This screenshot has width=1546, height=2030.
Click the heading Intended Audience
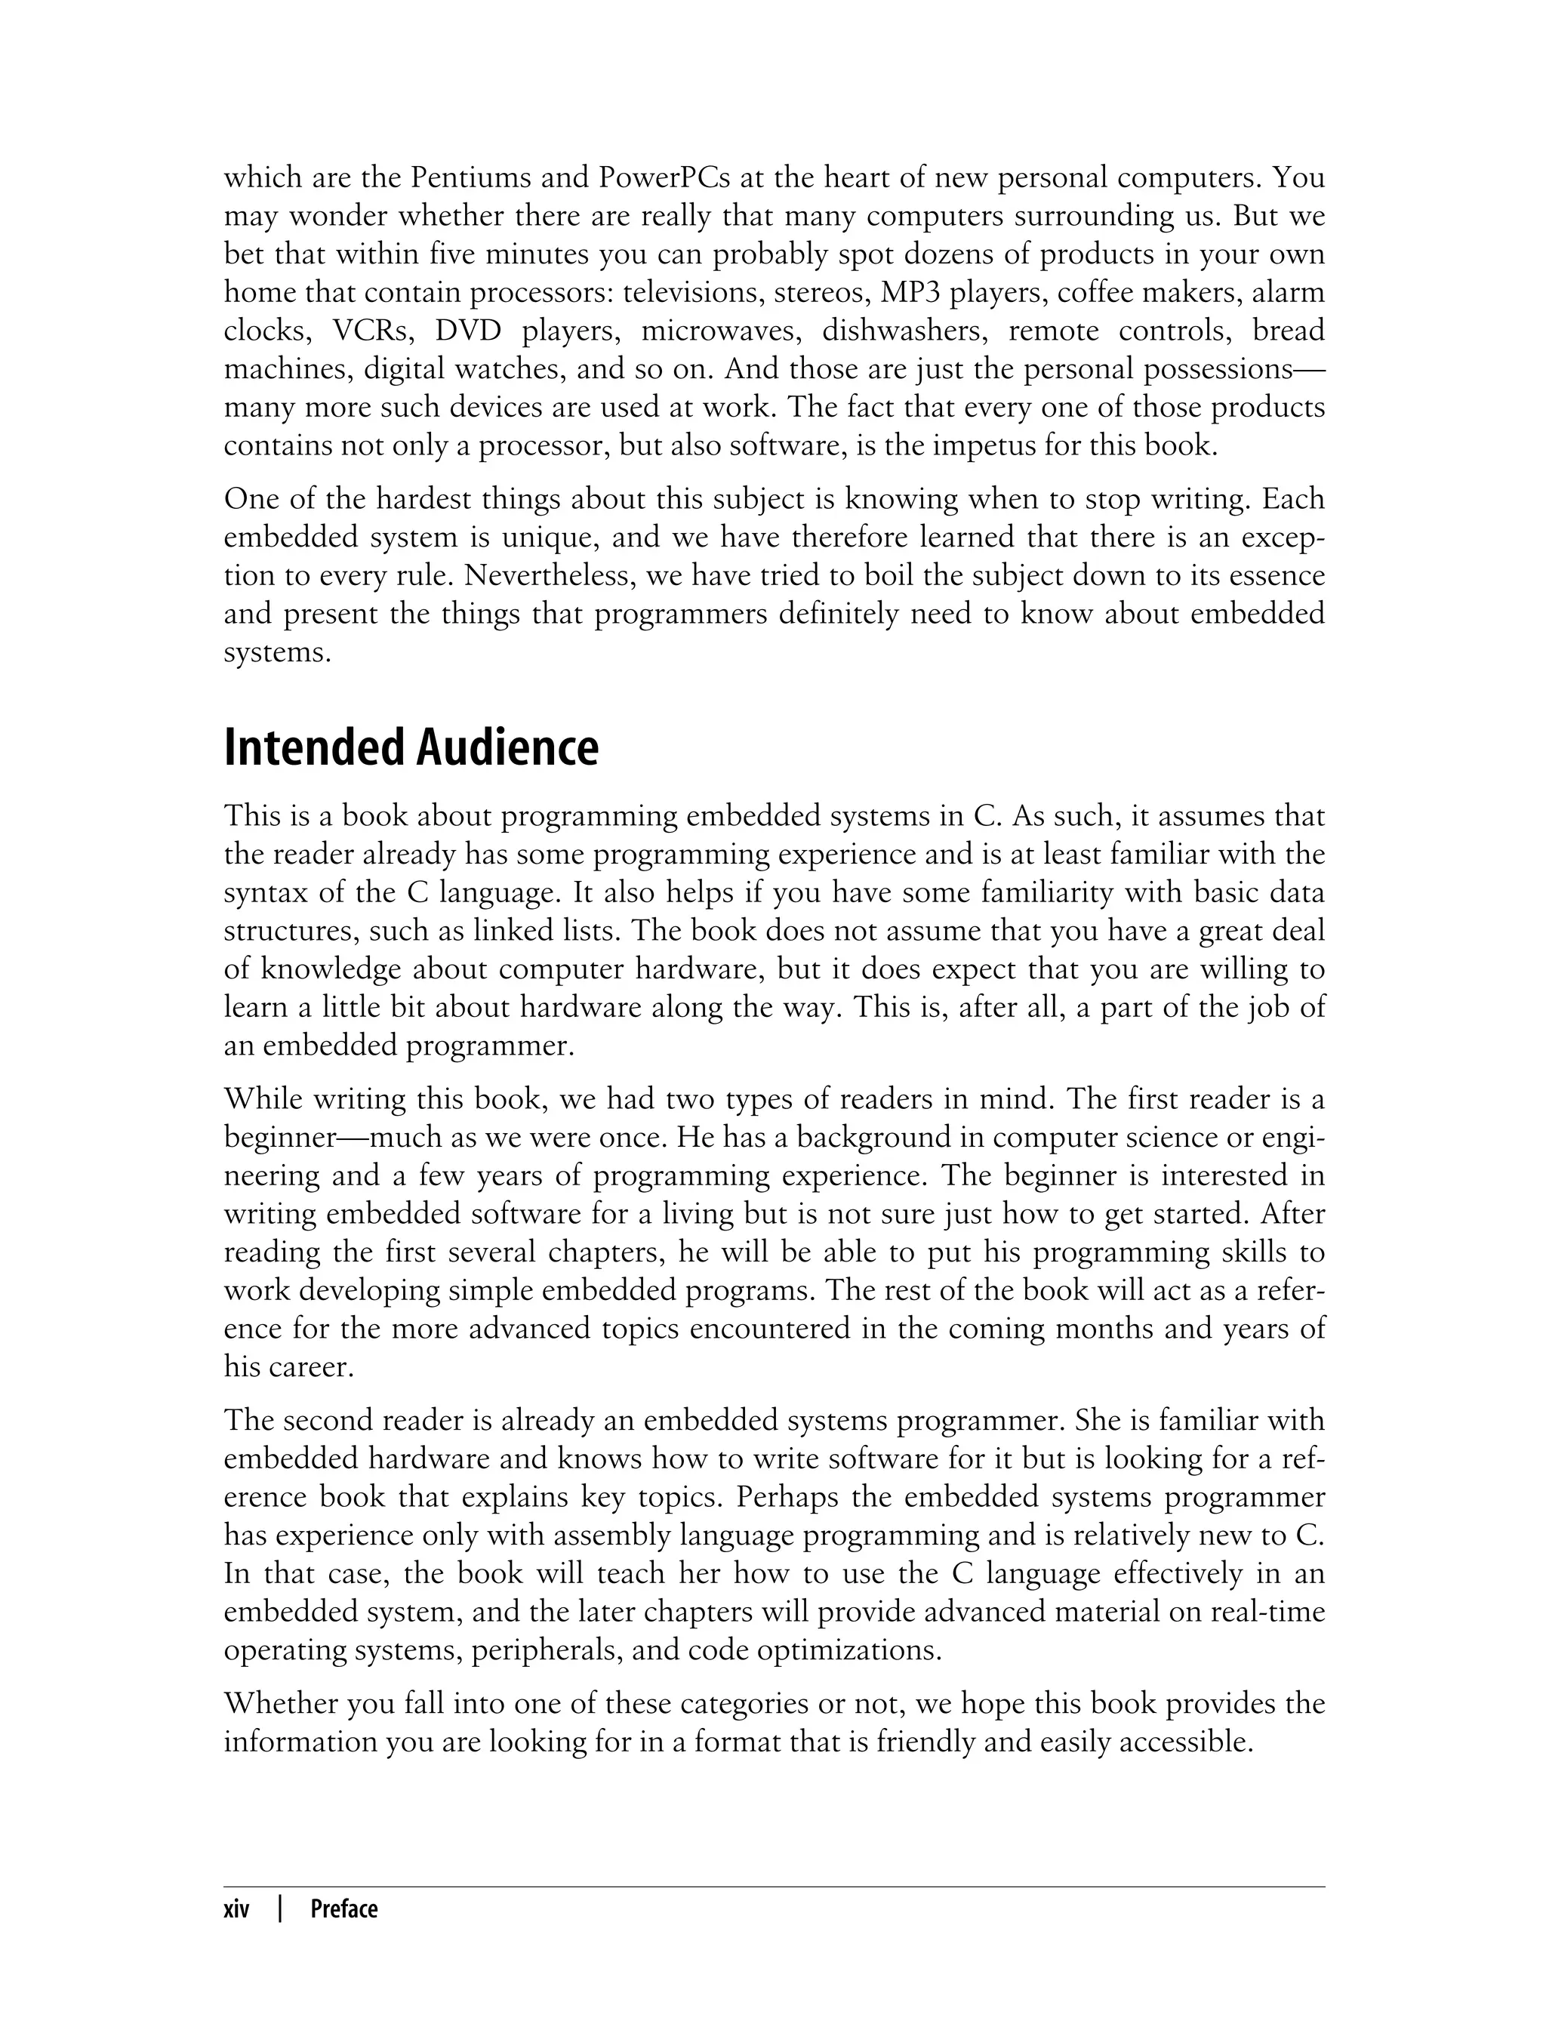coord(411,748)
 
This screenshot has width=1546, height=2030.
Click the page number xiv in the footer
coord(236,1909)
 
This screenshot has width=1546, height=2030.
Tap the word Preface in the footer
coord(343,1909)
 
